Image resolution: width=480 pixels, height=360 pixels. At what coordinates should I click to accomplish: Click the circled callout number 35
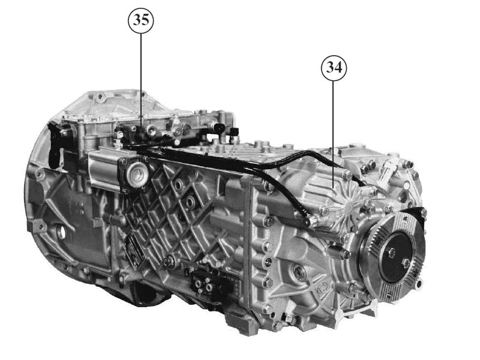141,19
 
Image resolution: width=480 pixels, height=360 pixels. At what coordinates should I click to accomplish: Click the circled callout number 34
334,68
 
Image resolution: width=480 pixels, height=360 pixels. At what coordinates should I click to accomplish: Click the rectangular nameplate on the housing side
133,245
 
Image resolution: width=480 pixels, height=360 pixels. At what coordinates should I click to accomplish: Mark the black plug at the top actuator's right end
230,129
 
